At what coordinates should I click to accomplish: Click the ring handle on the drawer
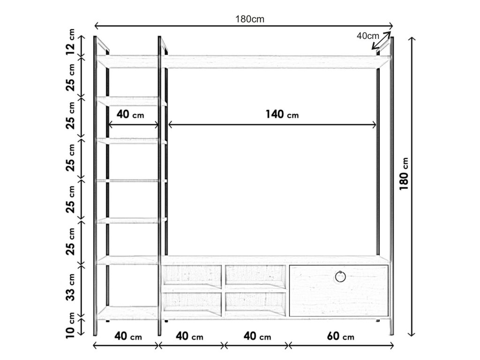(x=340, y=277)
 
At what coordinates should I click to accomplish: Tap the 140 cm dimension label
(x=282, y=114)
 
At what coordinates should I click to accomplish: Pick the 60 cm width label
(x=341, y=336)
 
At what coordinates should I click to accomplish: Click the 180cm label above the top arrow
(x=250, y=19)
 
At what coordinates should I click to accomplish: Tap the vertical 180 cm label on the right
(x=404, y=174)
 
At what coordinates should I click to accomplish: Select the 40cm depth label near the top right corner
(x=367, y=36)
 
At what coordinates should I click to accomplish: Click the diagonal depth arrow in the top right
(x=382, y=40)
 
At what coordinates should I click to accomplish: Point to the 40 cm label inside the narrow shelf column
(x=130, y=114)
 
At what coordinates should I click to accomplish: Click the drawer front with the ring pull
(x=339, y=291)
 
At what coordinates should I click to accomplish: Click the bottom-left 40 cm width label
(x=128, y=336)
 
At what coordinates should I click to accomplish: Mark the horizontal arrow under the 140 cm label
(x=272, y=125)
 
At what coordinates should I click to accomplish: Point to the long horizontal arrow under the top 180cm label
(x=244, y=26)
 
